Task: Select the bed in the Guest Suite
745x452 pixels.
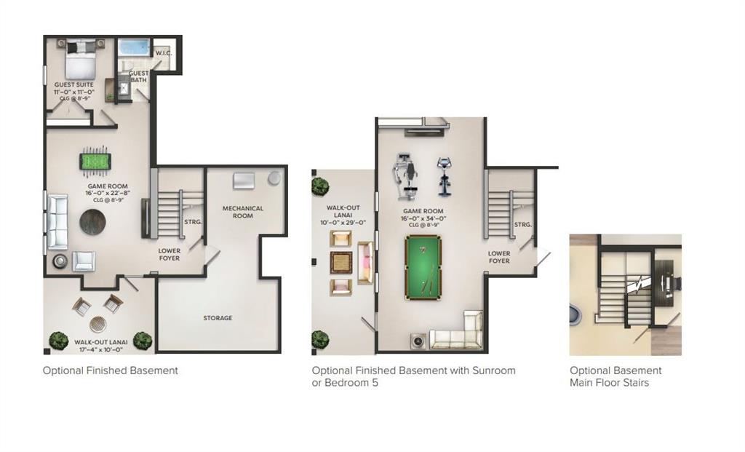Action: [80, 60]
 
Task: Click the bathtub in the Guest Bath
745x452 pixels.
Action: [134, 48]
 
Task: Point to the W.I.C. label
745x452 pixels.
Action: [163, 53]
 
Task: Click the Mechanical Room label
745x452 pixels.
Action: [243, 212]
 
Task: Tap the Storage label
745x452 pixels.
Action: [218, 318]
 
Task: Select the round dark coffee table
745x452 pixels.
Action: [93, 222]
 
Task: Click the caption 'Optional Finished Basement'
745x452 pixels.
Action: [110, 370]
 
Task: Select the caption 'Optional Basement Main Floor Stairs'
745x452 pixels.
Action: [615, 376]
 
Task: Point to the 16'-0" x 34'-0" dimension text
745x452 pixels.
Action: [423, 218]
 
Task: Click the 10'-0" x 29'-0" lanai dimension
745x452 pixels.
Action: [343, 223]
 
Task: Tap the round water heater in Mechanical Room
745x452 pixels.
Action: [274, 178]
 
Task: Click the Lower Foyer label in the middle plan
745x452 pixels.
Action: [499, 257]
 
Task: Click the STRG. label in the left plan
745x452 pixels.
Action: [193, 223]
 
